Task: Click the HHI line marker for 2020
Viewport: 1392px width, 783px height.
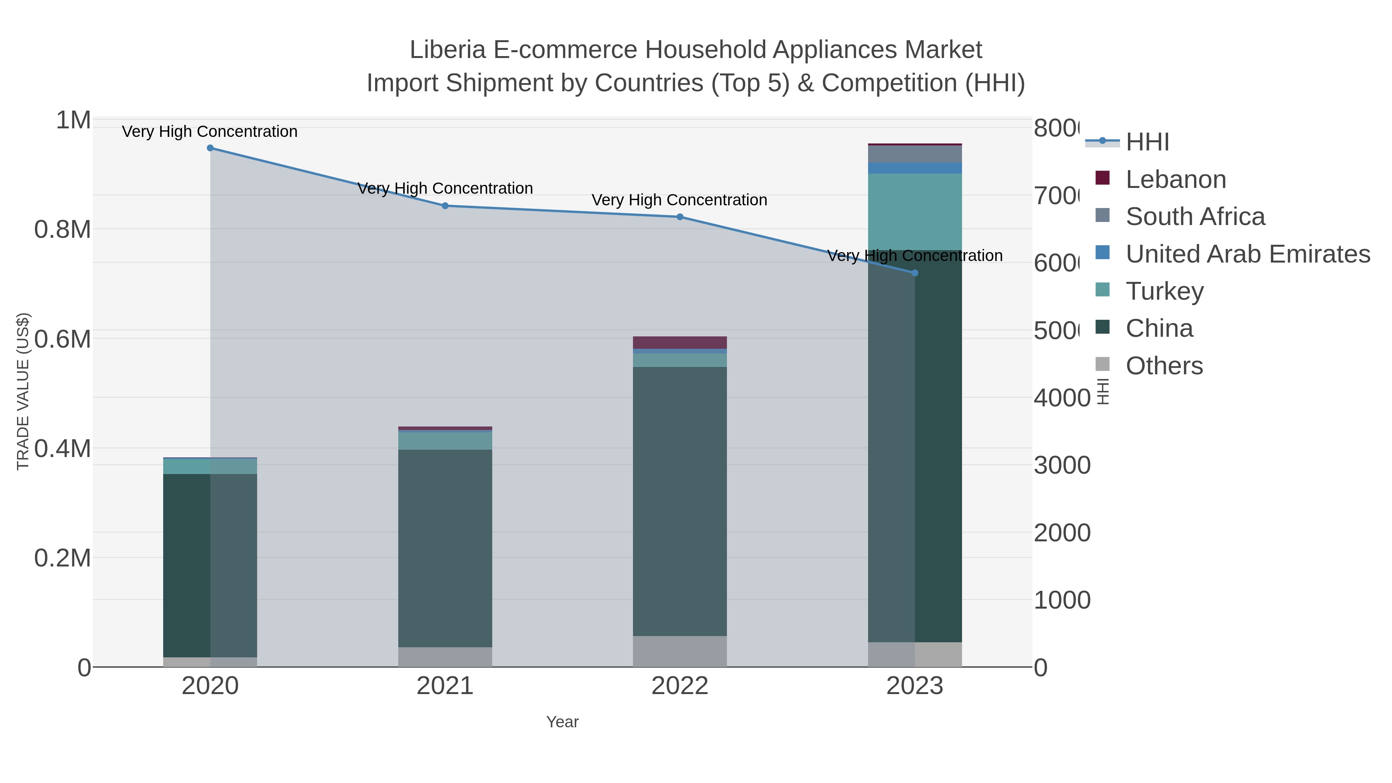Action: pos(210,148)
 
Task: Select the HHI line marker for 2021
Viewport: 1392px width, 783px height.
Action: pos(445,206)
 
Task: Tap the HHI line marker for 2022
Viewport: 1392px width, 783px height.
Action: pos(680,217)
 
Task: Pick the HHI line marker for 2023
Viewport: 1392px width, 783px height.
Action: pos(915,273)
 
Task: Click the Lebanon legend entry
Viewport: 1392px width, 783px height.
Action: pos(1175,179)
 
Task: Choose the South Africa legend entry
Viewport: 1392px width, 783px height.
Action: pos(1195,217)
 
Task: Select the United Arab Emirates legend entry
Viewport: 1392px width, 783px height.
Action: pos(1247,254)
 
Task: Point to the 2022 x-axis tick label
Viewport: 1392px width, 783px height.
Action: pos(680,686)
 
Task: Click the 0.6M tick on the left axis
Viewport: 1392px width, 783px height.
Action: pos(62,339)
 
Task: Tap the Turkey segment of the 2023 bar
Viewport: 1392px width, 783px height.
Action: pos(915,212)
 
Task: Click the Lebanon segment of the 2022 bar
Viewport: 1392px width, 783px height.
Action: pos(680,343)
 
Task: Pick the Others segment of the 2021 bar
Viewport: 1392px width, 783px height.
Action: pos(445,657)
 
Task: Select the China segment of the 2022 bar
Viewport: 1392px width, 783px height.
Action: pos(680,502)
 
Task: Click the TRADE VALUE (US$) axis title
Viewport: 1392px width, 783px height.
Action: pos(23,391)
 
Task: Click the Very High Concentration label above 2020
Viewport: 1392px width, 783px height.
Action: pos(210,132)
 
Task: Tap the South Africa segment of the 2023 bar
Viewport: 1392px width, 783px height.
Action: pos(915,154)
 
